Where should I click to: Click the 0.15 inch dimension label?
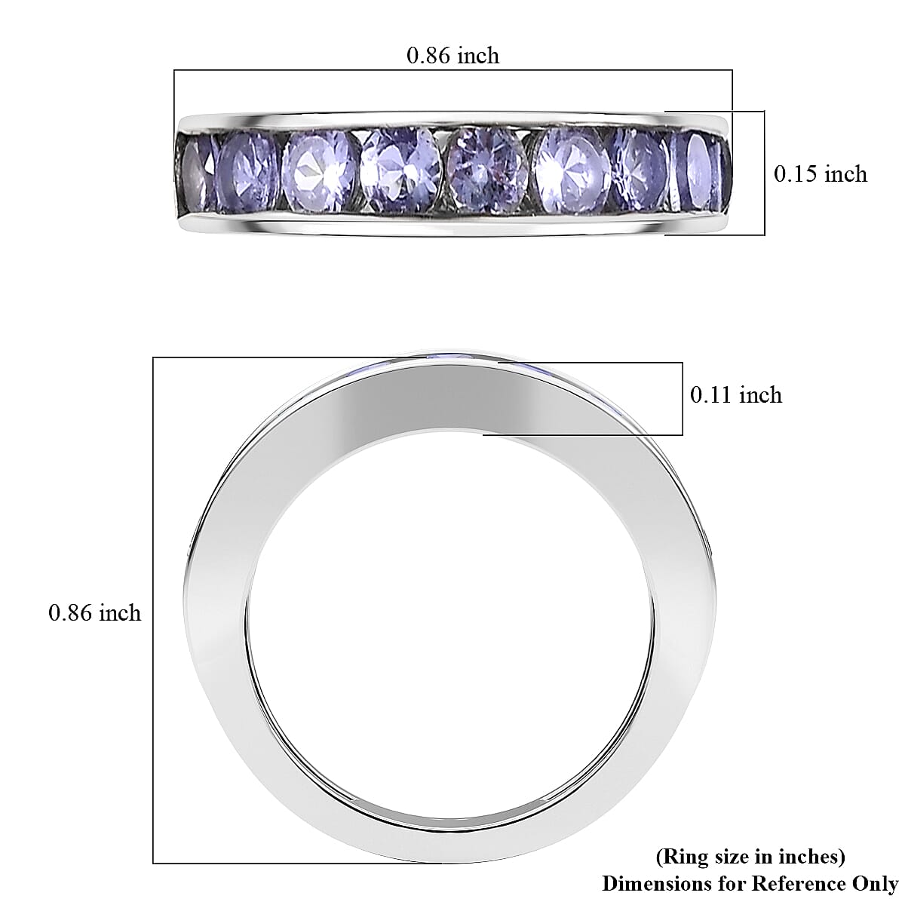(821, 174)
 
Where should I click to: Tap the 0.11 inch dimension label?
(736, 395)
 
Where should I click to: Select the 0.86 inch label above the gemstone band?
(452, 55)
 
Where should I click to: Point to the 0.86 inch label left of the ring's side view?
(94, 613)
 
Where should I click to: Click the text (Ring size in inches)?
(750, 857)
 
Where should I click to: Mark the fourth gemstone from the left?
(400, 170)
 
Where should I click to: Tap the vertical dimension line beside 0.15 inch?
(765, 173)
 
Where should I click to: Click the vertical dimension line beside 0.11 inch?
(683, 398)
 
